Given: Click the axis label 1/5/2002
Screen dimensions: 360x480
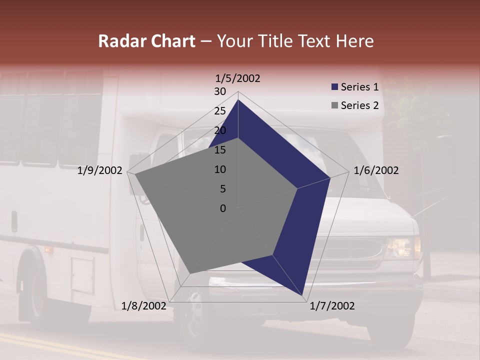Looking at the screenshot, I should tap(237, 78).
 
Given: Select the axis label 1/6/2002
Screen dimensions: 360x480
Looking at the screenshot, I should tap(376, 170).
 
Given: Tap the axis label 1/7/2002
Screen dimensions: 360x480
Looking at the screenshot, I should tap(332, 306).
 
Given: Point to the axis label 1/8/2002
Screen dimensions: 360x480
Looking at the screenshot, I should tap(144, 306).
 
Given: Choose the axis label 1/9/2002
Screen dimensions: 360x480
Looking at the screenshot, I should tap(100, 170).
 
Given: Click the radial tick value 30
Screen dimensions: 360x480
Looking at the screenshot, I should tap(220, 91).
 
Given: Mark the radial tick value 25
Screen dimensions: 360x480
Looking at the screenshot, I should tap(220, 111).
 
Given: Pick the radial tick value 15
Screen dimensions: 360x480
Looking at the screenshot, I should tap(220, 150).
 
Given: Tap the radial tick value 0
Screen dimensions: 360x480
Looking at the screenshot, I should tap(223, 208).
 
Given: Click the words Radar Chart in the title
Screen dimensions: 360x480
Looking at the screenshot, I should tap(146, 41).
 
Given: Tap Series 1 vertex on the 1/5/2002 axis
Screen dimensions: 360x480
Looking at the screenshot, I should tap(238, 99).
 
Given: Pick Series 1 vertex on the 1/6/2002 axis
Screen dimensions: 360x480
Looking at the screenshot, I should tap(330, 177).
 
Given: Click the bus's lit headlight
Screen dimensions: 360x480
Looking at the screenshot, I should tap(400, 246).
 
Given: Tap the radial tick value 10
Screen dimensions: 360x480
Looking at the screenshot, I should tap(220, 169).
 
